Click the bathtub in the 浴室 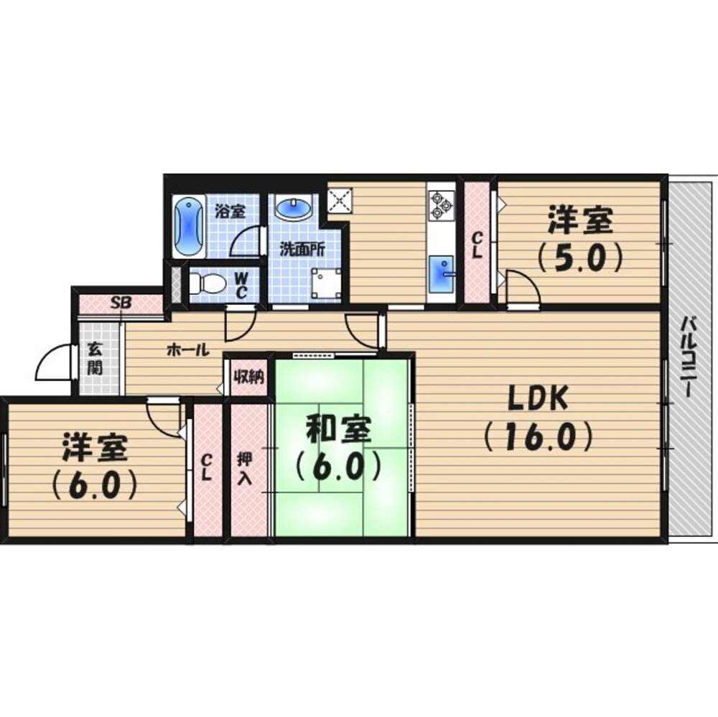[189, 227]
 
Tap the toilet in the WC [207, 283]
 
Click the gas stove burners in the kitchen [441, 205]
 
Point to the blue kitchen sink [442, 273]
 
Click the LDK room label [538, 398]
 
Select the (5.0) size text [580, 258]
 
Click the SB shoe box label [122, 303]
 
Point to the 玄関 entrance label [95, 358]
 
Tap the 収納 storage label [248, 378]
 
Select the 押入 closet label [244, 469]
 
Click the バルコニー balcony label [689, 357]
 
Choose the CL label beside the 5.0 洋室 [477, 246]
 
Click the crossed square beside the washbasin [340, 200]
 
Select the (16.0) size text [538, 437]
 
